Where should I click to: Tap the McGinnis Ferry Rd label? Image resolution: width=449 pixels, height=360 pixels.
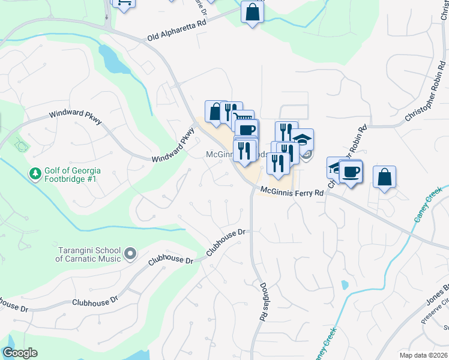(292, 192)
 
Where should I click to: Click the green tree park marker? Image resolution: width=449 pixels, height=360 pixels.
(35, 174)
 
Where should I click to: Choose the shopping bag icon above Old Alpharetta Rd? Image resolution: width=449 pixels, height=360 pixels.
(252, 12)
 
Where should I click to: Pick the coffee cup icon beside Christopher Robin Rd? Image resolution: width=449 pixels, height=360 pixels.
(351, 171)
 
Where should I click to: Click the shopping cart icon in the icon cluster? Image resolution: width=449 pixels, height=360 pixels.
(243, 119)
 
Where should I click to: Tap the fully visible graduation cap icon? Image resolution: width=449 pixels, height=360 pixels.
(303, 140)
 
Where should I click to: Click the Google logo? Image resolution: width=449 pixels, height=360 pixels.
(20, 353)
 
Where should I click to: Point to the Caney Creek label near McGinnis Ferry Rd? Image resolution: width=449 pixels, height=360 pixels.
(427, 206)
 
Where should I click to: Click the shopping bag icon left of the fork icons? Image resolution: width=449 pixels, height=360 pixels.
(215, 111)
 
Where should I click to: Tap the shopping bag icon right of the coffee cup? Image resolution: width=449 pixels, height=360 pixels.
(384, 178)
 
